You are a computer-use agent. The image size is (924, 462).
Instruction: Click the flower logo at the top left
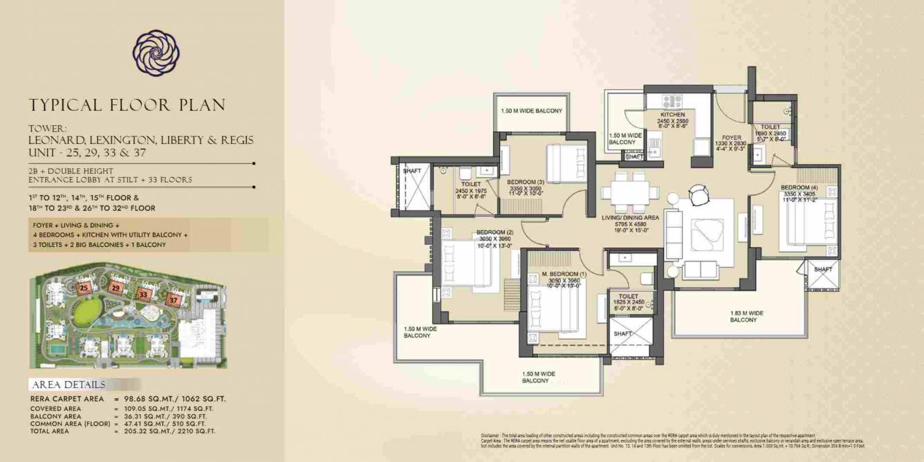(156, 53)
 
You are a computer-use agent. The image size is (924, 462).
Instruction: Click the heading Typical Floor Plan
(127, 105)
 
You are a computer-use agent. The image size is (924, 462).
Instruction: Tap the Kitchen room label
(672, 115)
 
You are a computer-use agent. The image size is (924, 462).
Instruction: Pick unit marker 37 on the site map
(173, 300)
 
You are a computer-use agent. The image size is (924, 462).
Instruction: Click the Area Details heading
(68, 385)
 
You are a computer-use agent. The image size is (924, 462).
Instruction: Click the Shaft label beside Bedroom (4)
(823, 270)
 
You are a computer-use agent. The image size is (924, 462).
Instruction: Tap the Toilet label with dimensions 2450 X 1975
(471, 184)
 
